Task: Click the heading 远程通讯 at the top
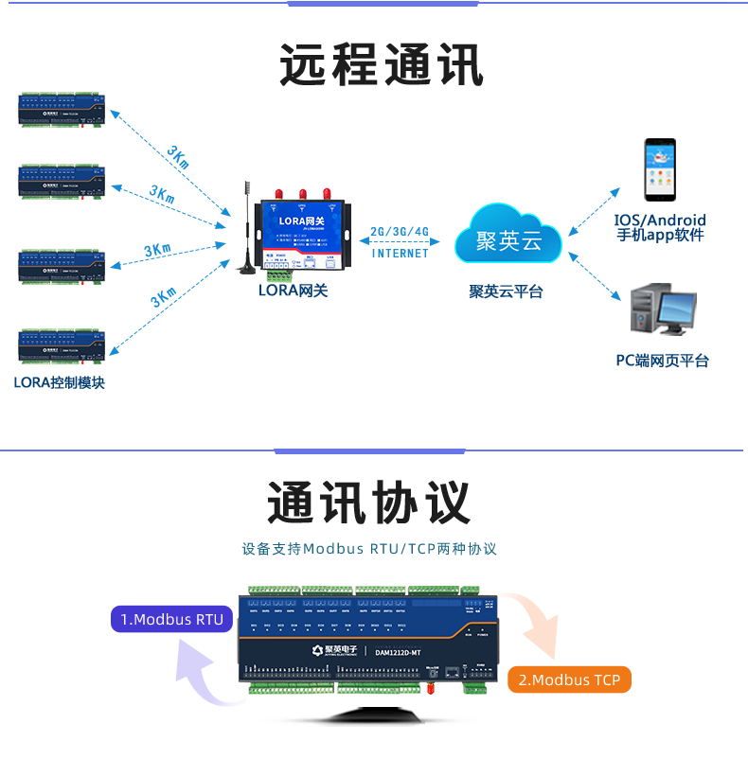pos(382,65)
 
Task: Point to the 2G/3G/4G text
pos(399,232)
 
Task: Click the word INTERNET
pos(400,254)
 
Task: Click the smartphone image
pos(660,170)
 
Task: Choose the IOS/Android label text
pos(660,221)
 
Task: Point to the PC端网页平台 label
pos(662,361)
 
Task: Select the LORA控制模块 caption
pos(59,383)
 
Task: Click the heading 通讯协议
pos(368,503)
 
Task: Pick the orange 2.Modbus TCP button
pos(569,680)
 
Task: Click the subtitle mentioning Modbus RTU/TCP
pos(369,549)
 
